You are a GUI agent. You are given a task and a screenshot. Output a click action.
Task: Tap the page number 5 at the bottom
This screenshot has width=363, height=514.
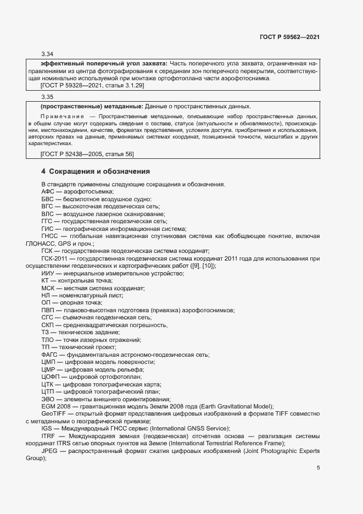[319, 468]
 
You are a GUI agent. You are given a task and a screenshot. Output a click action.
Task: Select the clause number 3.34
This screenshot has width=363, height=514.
[47, 54]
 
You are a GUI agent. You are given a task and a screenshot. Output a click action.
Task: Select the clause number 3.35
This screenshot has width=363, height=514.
[47, 97]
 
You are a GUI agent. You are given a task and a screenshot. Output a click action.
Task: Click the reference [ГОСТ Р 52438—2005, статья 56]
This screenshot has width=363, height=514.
[87, 154]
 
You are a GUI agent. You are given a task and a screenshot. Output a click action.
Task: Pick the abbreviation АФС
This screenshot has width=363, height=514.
[48, 191]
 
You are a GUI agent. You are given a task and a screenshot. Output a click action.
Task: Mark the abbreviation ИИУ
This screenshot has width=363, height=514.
[47, 273]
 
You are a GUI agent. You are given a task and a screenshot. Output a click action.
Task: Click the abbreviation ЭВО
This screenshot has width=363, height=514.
[48, 400]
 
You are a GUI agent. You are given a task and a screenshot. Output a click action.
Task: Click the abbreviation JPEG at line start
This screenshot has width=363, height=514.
[51, 451]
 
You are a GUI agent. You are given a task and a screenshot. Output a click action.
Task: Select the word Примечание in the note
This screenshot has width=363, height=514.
[62, 117]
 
